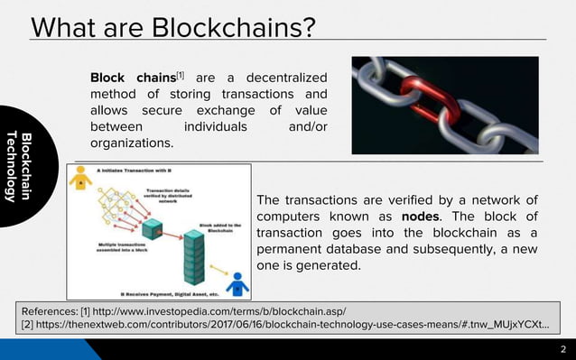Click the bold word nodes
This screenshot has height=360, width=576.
coord(420,217)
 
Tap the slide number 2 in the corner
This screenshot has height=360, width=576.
coord(563,350)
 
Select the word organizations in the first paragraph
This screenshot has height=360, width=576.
coord(131,143)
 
